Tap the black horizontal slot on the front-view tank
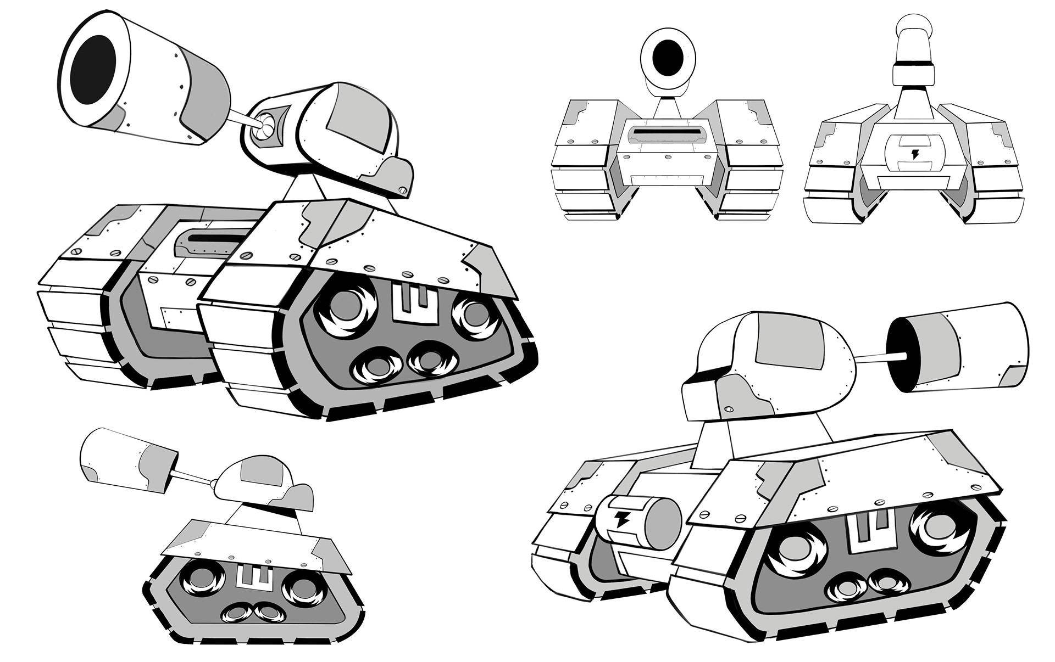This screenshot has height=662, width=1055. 667,132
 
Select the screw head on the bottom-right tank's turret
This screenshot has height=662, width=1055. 730,409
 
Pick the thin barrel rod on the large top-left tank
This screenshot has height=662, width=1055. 240,118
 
